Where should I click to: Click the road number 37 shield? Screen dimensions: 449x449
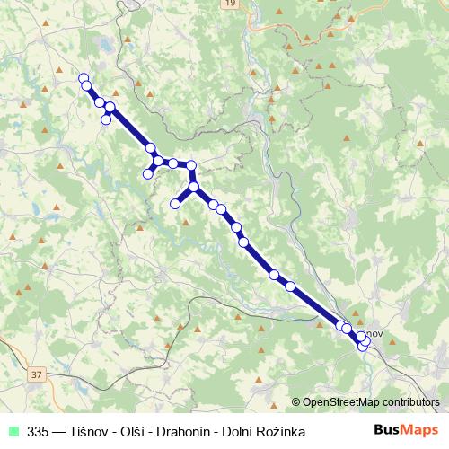click(x=36, y=374)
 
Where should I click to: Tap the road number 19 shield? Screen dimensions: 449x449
click(x=233, y=4)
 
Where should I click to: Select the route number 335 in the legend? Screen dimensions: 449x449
click(x=38, y=431)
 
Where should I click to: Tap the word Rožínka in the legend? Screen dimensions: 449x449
click(x=280, y=431)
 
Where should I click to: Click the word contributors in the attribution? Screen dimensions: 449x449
click(x=414, y=401)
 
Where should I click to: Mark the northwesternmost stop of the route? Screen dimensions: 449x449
click(x=84, y=78)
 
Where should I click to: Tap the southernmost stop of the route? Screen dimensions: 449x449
click(x=363, y=346)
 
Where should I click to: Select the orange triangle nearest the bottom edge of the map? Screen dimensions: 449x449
click(x=259, y=383)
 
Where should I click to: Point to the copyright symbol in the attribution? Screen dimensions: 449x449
click(x=296, y=401)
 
